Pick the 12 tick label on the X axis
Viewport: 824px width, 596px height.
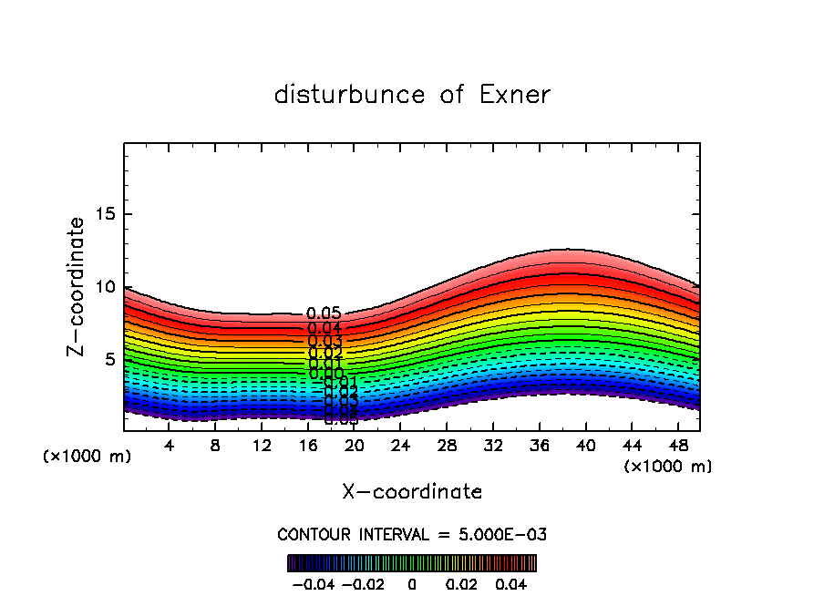(x=262, y=446)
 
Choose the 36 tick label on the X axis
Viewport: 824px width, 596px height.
(x=539, y=446)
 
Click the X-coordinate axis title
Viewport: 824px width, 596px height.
(x=412, y=492)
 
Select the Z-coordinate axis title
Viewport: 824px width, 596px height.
(x=77, y=286)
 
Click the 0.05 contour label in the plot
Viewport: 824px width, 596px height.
(x=324, y=314)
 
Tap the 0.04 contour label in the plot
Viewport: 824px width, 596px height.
(x=324, y=328)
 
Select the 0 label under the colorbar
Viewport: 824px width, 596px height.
(x=412, y=582)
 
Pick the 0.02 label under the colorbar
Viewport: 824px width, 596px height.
(x=464, y=582)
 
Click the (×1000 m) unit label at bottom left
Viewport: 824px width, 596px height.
(x=88, y=457)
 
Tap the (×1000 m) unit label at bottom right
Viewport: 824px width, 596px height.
(x=668, y=467)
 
